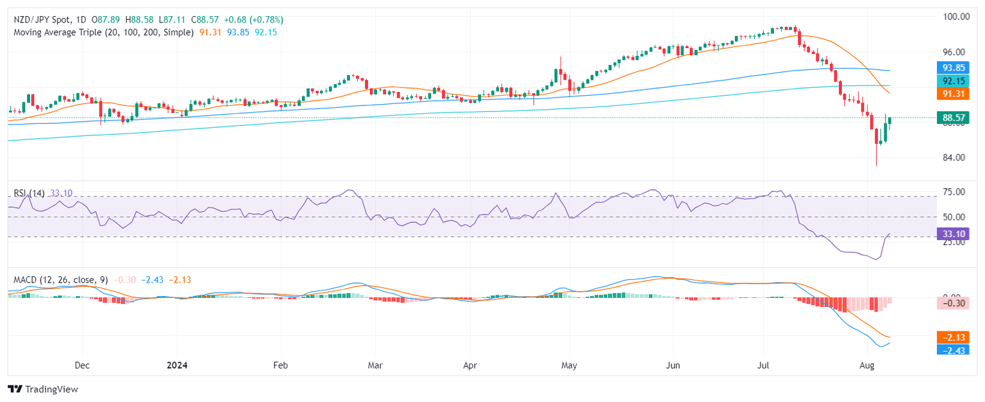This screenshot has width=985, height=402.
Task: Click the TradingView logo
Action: pyautogui.click(x=42, y=389)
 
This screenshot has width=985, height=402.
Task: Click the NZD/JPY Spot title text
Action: pyautogui.click(x=40, y=20)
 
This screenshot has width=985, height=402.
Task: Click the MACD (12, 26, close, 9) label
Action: pyautogui.click(x=58, y=280)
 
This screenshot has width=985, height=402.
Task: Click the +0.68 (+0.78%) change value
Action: pyautogui.click(x=251, y=20)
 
